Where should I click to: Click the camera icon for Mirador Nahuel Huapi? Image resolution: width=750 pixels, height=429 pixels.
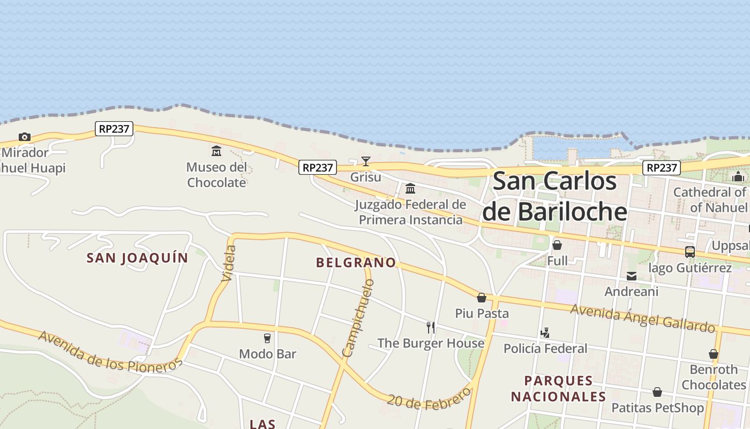pyautogui.click(x=25, y=137)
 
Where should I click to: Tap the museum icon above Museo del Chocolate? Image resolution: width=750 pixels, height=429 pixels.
pyautogui.click(x=216, y=151)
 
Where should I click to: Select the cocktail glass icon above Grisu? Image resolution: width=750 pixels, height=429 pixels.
pyautogui.click(x=366, y=161)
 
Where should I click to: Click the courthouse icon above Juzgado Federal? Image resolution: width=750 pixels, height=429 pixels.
pyautogui.click(x=410, y=188)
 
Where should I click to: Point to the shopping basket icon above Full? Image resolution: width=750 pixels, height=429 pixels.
pyautogui.click(x=557, y=245)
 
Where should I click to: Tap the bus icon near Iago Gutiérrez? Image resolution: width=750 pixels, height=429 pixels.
pyautogui.click(x=690, y=252)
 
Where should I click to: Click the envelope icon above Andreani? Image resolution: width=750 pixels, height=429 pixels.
pyautogui.click(x=632, y=276)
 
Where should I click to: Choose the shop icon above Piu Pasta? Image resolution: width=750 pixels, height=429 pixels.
pyautogui.click(x=482, y=298)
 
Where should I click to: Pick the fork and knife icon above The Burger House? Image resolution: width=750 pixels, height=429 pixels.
pyautogui.click(x=431, y=327)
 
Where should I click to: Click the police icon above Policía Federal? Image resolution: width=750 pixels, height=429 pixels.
pyautogui.click(x=545, y=333)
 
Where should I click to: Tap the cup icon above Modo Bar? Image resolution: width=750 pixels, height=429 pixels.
pyautogui.click(x=267, y=338)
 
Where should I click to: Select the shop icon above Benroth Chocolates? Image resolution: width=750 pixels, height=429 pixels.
pyautogui.click(x=714, y=354)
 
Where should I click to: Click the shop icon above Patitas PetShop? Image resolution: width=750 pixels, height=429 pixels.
pyautogui.click(x=657, y=392)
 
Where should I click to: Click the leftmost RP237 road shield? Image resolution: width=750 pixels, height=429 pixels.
pyautogui.click(x=114, y=129)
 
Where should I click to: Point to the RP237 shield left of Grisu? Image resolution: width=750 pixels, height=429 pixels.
pyautogui.click(x=317, y=167)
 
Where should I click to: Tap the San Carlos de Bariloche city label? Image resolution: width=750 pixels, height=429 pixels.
pyautogui.click(x=554, y=196)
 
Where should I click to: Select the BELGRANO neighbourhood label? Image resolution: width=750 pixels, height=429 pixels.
pyautogui.click(x=356, y=262)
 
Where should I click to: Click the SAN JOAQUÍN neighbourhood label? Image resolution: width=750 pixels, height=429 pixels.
pyautogui.click(x=138, y=258)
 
